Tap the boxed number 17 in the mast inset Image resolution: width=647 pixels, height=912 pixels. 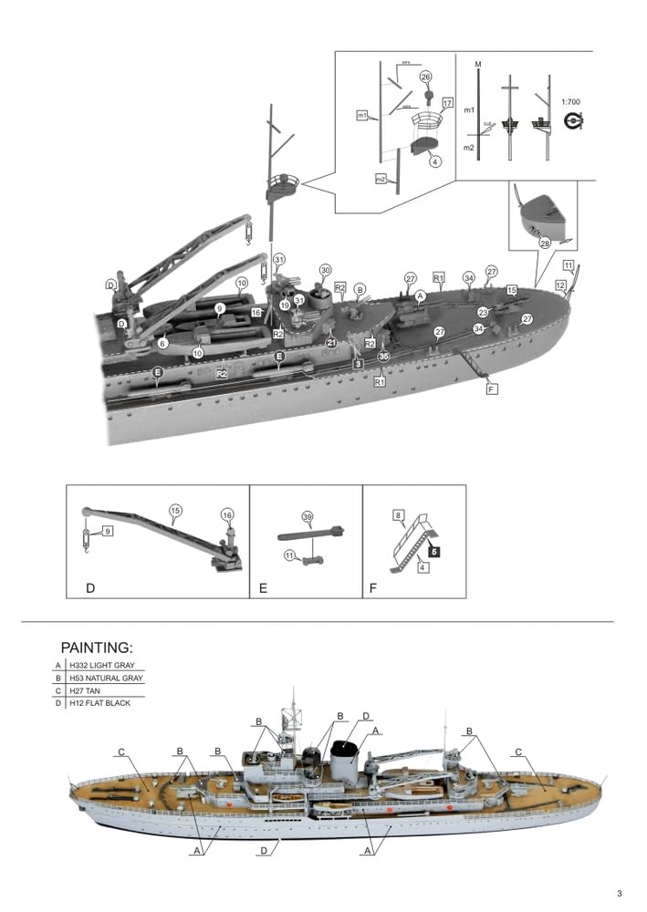[447, 102]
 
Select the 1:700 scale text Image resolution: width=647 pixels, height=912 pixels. [571, 102]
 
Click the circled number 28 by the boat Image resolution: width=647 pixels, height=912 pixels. [544, 244]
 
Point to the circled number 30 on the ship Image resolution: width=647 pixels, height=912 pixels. [325, 270]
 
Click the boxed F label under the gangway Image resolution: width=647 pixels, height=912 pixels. [492, 389]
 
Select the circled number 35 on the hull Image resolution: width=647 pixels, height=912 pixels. [383, 357]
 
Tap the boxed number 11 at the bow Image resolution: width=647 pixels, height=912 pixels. [569, 266]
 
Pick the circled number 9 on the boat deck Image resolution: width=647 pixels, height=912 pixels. [219, 309]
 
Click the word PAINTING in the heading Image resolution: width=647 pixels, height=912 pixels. [97, 648]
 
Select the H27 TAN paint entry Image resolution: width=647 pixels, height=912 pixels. [89, 690]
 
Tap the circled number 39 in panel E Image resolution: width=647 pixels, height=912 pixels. [308, 517]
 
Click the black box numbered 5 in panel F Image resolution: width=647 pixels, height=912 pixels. [435, 552]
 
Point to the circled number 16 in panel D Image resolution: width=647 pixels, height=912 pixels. [227, 515]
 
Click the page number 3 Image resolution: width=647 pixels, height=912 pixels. [619, 893]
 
